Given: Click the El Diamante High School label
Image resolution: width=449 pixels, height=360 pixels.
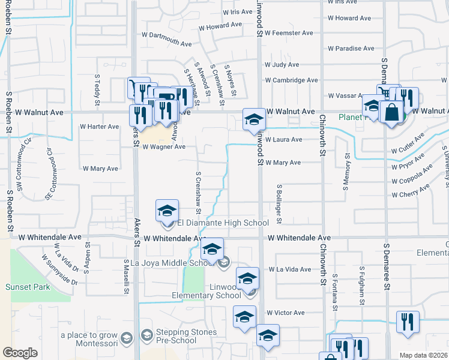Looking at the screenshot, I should tap(223, 223).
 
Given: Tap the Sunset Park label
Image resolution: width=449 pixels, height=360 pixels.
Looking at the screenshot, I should tap(28, 287).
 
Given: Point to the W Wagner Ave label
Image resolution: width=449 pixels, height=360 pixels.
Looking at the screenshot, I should tap(163, 146).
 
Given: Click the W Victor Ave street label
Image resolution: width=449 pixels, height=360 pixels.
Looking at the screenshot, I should tap(286, 313).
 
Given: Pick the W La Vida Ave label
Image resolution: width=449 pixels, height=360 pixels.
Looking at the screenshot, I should tap(289, 269).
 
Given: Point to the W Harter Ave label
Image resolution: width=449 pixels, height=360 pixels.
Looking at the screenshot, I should tap(100, 127).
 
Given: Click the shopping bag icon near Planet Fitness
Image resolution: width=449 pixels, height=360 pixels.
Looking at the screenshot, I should tap(391, 113).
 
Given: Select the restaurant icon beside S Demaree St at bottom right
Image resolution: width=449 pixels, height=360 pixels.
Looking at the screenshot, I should tap(408, 322).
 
